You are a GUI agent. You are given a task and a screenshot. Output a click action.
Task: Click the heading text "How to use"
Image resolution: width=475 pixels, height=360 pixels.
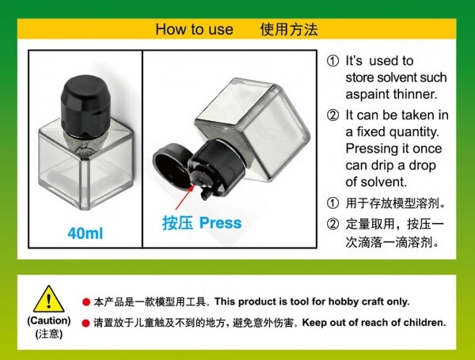point(194,30)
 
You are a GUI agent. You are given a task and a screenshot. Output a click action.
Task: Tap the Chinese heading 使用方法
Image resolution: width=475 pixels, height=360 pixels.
point(288,30)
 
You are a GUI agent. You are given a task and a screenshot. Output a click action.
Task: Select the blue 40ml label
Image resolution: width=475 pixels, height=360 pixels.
point(85,234)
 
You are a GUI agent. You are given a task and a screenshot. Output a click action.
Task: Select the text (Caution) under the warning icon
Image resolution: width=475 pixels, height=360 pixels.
point(48,321)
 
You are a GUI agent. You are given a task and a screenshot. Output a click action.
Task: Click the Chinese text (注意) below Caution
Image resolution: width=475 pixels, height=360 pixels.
point(48,335)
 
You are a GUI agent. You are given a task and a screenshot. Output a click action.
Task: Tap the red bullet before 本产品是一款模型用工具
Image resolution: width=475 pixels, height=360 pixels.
point(86,303)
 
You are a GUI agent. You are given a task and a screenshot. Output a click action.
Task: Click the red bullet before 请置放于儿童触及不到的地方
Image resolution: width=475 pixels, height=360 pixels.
point(86,324)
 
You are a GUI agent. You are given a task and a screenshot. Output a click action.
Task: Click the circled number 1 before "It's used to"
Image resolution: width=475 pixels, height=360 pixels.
point(332,61)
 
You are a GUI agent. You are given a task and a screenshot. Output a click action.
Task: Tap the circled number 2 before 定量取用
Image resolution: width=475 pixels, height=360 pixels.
point(332,224)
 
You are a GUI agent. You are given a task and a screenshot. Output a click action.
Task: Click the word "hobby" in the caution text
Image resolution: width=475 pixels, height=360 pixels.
point(329,302)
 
